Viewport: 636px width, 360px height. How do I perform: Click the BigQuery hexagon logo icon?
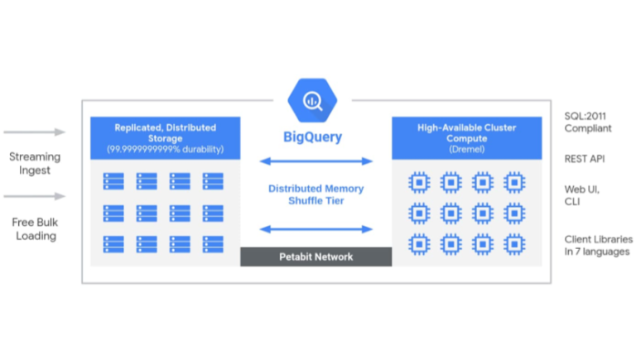click(312, 99)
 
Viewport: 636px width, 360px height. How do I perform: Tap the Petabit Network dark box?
click(316, 257)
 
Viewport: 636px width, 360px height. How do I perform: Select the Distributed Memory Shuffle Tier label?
click(316, 195)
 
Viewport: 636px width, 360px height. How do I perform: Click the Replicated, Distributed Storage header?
click(165, 137)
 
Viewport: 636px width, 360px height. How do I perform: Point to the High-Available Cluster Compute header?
click(466, 137)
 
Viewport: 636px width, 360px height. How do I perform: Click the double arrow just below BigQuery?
click(316, 161)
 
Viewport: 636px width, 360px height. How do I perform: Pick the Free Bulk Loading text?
click(34, 228)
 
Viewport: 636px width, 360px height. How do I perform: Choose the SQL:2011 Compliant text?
click(588, 122)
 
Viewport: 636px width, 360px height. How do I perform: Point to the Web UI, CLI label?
click(581, 196)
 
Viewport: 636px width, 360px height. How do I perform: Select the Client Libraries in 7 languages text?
click(594, 245)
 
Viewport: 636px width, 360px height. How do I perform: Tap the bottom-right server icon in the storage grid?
click(213, 245)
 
